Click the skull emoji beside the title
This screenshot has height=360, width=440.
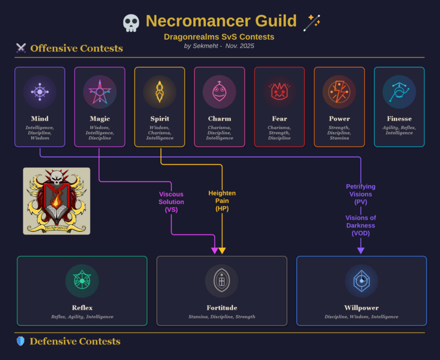click(131, 23)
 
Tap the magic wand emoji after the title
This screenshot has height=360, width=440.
click(312, 22)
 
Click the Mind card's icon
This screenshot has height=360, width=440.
click(40, 92)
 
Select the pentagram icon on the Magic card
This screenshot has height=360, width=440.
click(100, 92)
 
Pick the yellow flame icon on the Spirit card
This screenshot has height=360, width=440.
click(160, 92)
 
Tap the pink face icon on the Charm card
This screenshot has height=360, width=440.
click(219, 92)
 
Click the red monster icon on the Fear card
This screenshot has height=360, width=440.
click(279, 92)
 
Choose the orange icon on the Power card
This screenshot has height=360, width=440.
click(339, 92)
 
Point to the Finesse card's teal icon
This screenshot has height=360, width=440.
click(399, 92)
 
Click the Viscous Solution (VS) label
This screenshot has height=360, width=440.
click(171, 202)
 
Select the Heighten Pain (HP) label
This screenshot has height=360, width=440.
click(222, 201)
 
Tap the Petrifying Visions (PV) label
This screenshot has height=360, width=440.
click(361, 194)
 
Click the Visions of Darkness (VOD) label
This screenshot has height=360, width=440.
click(361, 226)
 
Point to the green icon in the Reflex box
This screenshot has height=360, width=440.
click(82, 281)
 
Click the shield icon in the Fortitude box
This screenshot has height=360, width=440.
click(222, 281)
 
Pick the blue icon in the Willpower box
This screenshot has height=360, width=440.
click(361, 281)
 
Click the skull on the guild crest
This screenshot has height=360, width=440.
click(56, 178)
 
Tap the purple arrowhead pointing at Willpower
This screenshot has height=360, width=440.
click(361, 250)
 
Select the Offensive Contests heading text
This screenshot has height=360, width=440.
click(76, 49)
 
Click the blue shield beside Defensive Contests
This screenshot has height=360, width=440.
click(20, 341)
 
